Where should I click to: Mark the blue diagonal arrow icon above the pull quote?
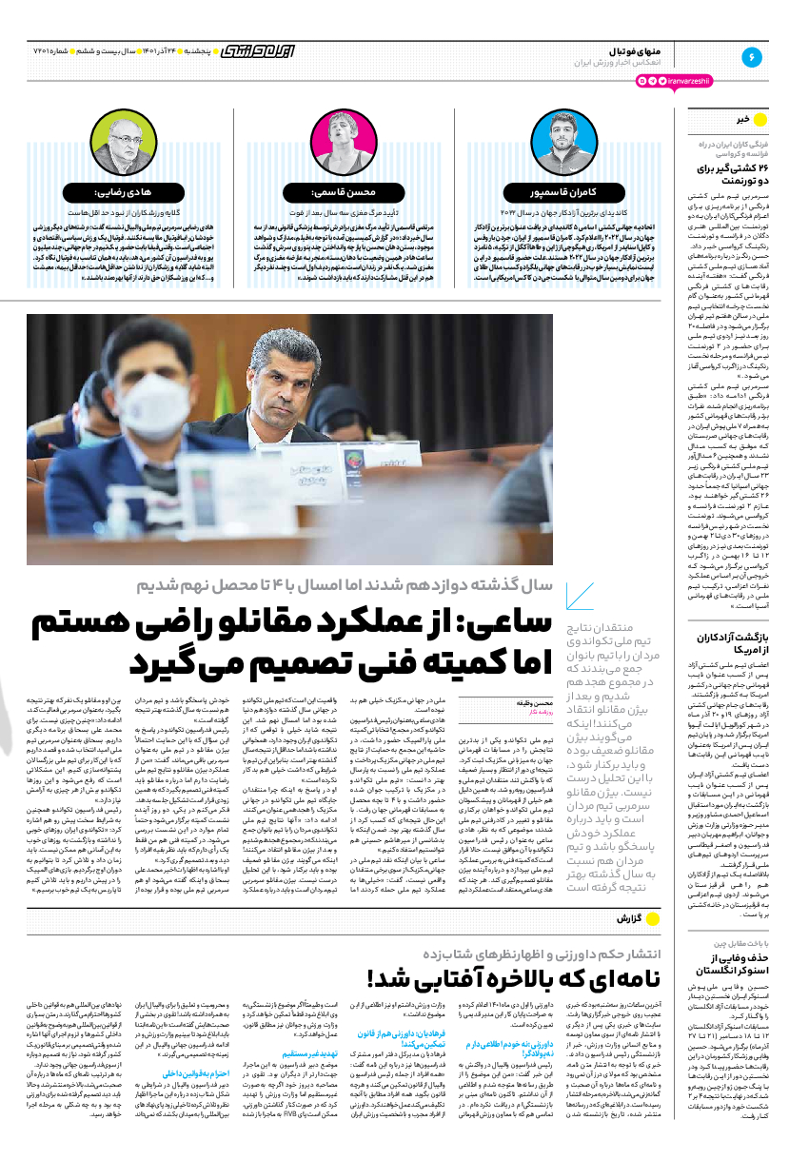(579, 597)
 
